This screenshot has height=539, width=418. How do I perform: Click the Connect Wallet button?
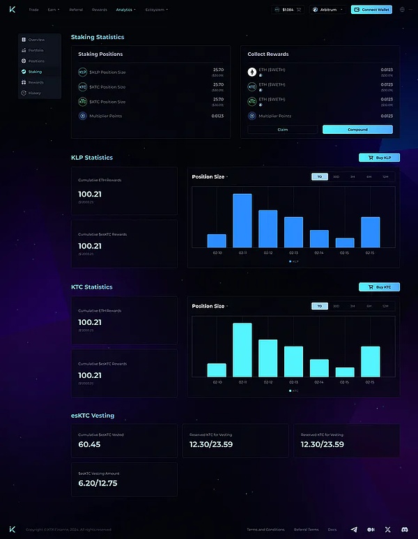(371, 10)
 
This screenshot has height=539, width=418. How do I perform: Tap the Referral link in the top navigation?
(76, 10)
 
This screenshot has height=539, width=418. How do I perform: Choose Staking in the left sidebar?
(35, 72)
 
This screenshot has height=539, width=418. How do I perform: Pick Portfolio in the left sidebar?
(36, 50)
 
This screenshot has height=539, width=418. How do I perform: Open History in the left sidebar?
(34, 93)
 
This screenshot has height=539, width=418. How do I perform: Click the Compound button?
(357, 130)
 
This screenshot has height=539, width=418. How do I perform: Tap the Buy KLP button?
(379, 158)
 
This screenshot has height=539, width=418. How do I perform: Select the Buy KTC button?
(379, 287)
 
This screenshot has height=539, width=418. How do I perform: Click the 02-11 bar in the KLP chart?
(242, 220)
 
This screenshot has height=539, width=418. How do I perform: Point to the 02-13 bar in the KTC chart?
(293, 361)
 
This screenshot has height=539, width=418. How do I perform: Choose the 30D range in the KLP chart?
(336, 177)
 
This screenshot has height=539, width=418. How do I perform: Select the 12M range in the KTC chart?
(385, 306)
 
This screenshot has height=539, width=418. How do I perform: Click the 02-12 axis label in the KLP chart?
(268, 252)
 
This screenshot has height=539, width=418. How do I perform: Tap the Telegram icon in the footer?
(354, 530)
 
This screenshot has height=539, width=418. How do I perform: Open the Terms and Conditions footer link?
(265, 530)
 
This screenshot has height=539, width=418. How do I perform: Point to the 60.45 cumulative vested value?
(89, 444)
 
